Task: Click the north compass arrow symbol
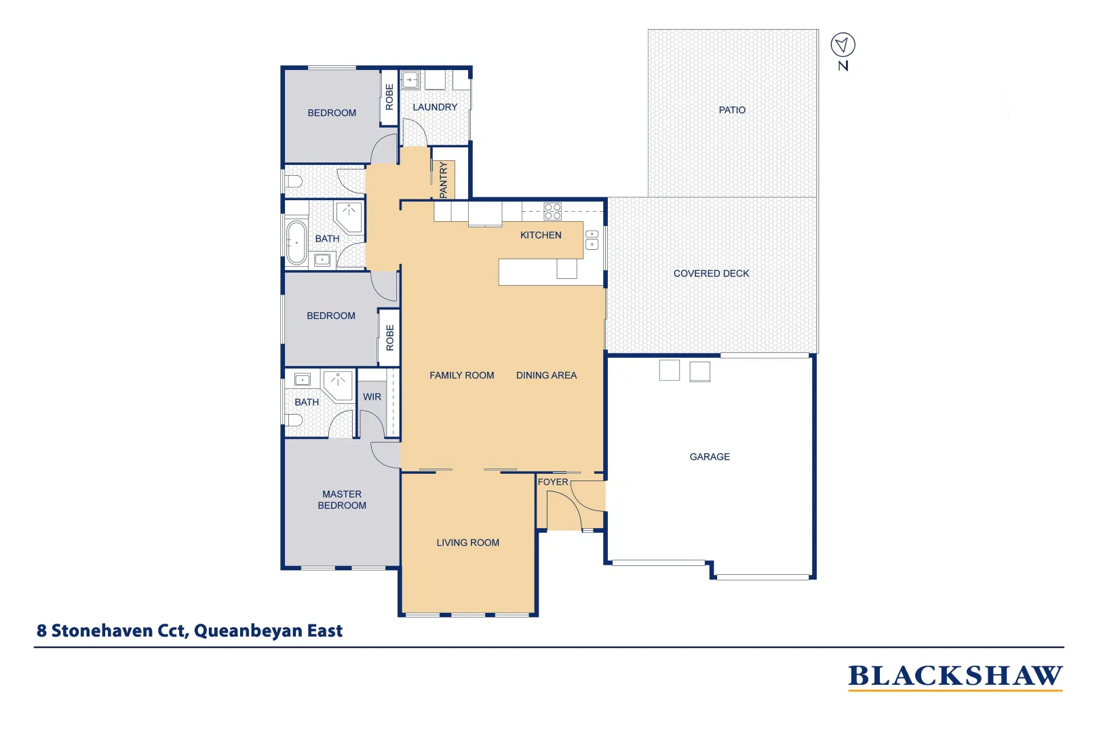click(x=843, y=45)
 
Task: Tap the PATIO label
click(x=732, y=110)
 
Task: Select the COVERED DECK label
click(x=711, y=274)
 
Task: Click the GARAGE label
click(x=710, y=457)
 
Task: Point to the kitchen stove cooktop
click(x=552, y=211)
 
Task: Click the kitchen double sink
click(x=592, y=240)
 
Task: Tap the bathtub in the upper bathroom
click(x=296, y=242)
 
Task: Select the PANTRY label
click(x=444, y=180)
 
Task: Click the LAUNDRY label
click(x=435, y=107)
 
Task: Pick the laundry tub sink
click(x=410, y=80)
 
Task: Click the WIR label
click(x=372, y=397)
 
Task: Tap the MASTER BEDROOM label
click(x=342, y=500)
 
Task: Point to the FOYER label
click(x=553, y=482)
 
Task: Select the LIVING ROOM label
click(x=467, y=542)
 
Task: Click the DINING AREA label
click(x=546, y=375)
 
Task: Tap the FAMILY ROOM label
click(x=461, y=375)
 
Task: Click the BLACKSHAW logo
click(x=955, y=677)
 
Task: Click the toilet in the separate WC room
click(x=293, y=182)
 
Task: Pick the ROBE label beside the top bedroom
click(x=389, y=97)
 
